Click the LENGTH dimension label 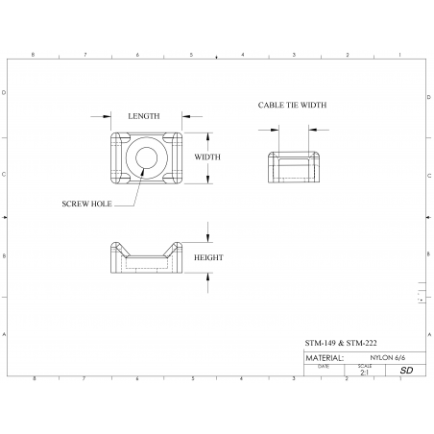coord(144,116)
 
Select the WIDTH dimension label coord(207,157)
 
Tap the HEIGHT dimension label coord(208,257)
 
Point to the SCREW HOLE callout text coord(86,204)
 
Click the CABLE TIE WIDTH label coord(293,105)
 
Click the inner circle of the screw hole coord(146,157)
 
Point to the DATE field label coord(323,365)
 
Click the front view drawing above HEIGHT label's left coord(145,258)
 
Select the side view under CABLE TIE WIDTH coord(293,166)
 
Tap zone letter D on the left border coord(7,93)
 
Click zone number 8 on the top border coord(34,55)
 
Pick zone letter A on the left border coord(7,334)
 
